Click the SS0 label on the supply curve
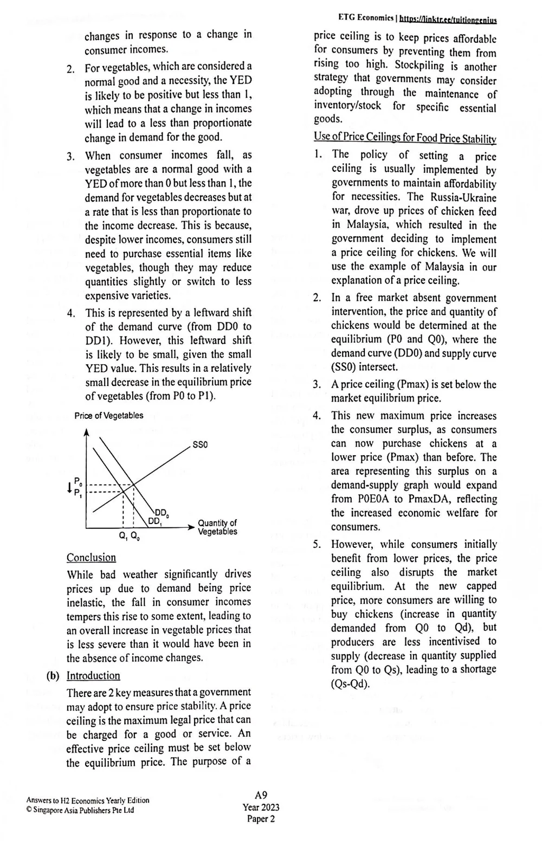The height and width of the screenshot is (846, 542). click(x=200, y=444)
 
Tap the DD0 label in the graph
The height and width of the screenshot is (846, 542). click(x=162, y=513)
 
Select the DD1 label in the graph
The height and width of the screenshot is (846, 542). click(x=155, y=521)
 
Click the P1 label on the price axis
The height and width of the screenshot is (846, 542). click(x=78, y=493)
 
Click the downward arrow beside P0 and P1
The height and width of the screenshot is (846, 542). click(x=69, y=487)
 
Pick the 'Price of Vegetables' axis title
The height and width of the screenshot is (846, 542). click(x=109, y=416)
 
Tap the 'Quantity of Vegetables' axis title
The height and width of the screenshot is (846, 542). click(x=217, y=527)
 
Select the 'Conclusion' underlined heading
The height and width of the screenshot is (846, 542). click(x=91, y=558)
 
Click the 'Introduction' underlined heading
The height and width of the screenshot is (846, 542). click(x=93, y=676)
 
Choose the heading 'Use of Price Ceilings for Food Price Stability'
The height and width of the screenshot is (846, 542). click(x=405, y=138)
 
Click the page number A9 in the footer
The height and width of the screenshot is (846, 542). click(x=261, y=795)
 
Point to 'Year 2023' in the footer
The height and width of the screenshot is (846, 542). click(x=261, y=807)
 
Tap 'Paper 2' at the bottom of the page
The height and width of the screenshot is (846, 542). click(x=261, y=819)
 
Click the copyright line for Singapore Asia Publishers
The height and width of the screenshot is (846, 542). click(x=80, y=810)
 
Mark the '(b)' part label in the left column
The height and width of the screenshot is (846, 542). click(x=53, y=676)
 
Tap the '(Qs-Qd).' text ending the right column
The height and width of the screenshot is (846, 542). click(x=350, y=683)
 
